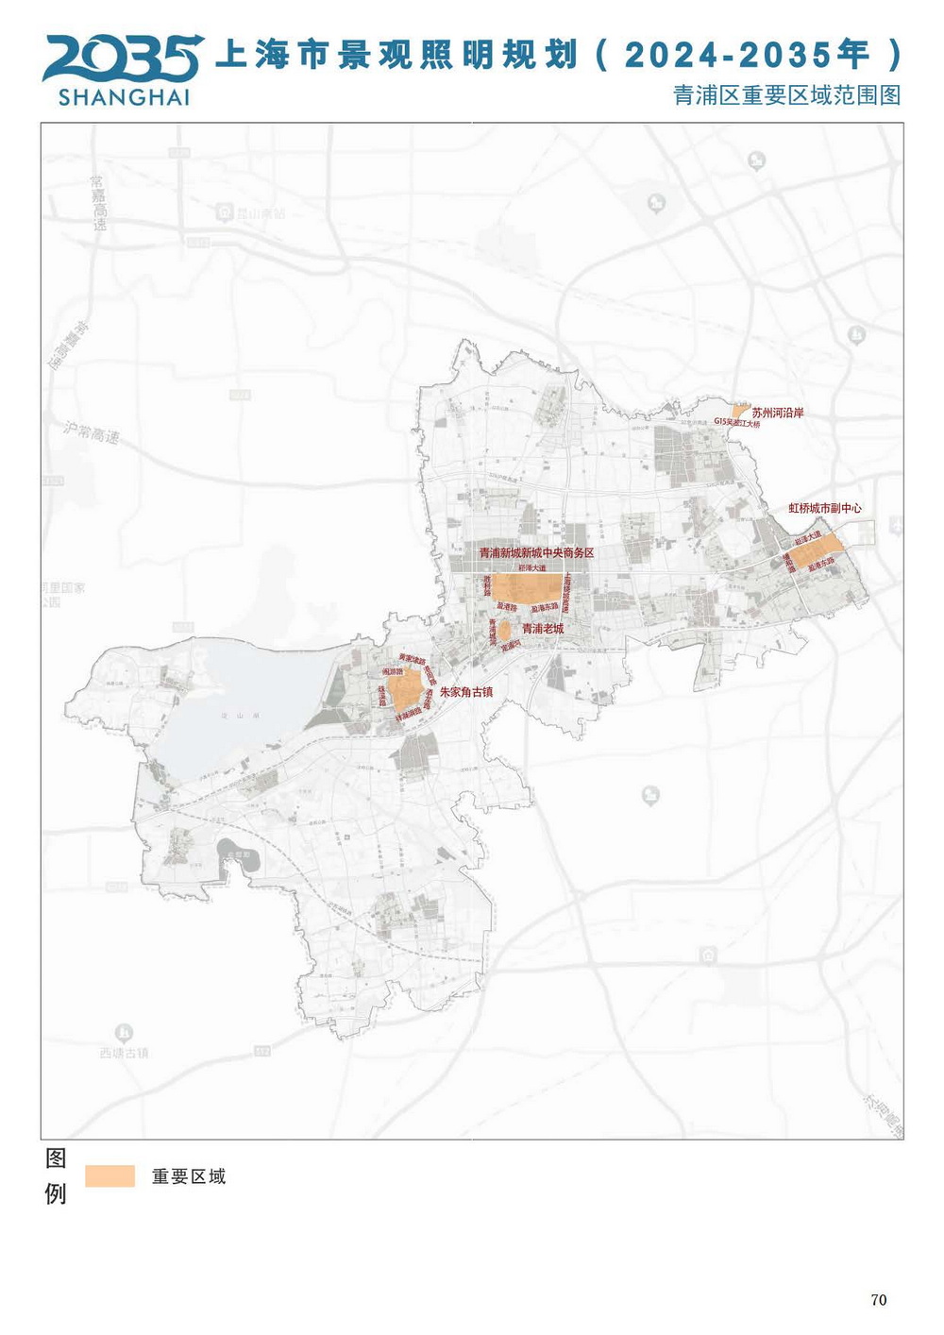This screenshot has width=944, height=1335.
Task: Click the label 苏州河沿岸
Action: coord(778,413)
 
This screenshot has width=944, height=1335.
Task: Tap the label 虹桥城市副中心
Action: coord(825,508)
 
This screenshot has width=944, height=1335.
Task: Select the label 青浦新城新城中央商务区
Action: coord(536,553)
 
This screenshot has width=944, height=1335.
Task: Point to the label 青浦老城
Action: coord(543,628)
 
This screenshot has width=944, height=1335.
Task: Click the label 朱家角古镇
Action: coord(466,692)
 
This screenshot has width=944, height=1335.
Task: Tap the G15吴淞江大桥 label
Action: coord(737,424)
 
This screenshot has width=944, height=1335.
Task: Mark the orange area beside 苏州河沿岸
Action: coord(742,411)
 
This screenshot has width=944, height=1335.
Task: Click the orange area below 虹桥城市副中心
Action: coord(816,550)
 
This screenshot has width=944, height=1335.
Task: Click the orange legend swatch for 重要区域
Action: coord(110,1175)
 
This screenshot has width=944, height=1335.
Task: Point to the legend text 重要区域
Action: coord(189,1176)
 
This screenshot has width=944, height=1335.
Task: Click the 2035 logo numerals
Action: coord(123,59)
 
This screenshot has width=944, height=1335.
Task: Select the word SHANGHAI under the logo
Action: coord(124,97)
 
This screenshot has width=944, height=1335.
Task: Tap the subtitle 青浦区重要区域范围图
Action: coord(786,95)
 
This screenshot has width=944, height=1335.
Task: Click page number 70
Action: coord(878,1300)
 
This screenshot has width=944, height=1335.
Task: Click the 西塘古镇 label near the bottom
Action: coord(124,1053)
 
